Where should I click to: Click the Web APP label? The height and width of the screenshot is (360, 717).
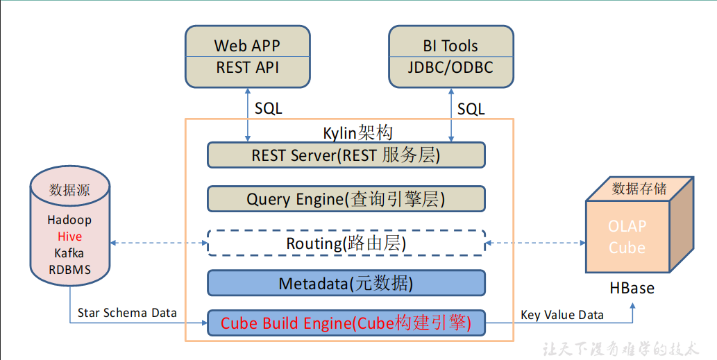pyautogui.click(x=247, y=46)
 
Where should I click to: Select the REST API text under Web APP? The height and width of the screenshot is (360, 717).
pyautogui.click(x=247, y=67)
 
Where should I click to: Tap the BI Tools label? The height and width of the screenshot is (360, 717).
pyautogui.click(x=450, y=46)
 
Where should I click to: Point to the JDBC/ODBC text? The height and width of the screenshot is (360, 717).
pyautogui.click(x=450, y=67)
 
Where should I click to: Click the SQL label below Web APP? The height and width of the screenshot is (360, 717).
pyautogui.click(x=269, y=108)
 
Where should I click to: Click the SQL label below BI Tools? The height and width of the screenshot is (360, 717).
pyautogui.click(x=471, y=109)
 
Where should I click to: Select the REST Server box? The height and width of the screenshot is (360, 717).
pyautogui.click(x=346, y=155)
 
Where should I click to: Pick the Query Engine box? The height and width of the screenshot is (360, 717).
pyautogui.click(x=346, y=199)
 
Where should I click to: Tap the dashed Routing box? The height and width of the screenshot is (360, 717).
pyautogui.click(x=346, y=243)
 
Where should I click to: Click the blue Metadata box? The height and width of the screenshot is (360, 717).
pyautogui.click(x=346, y=283)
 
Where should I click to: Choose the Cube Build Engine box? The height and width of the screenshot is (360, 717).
pyautogui.click(x=346, y=323)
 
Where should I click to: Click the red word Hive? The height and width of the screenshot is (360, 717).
pyautogui.click(x=70, y=237)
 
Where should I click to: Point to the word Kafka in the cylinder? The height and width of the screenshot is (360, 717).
pyautogui.click(x=69, y=253)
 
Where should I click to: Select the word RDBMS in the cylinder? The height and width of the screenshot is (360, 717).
pyautogui.click(x=70, y=270)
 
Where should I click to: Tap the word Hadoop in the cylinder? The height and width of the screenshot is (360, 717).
pyautogui.click(x=69, y=220)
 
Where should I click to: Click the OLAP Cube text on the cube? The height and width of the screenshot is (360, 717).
pyautogui.click(x=627, y=237)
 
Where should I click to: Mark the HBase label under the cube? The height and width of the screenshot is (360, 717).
pyautogui.click(x=632, y=289)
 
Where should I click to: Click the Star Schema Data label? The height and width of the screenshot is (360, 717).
pyautogui.click(x=127, y=313)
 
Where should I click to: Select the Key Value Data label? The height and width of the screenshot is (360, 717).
pyautogui.click(x=562, y=315)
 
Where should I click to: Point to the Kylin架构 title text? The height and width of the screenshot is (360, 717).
pyautogui.click(x=357, y=133)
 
